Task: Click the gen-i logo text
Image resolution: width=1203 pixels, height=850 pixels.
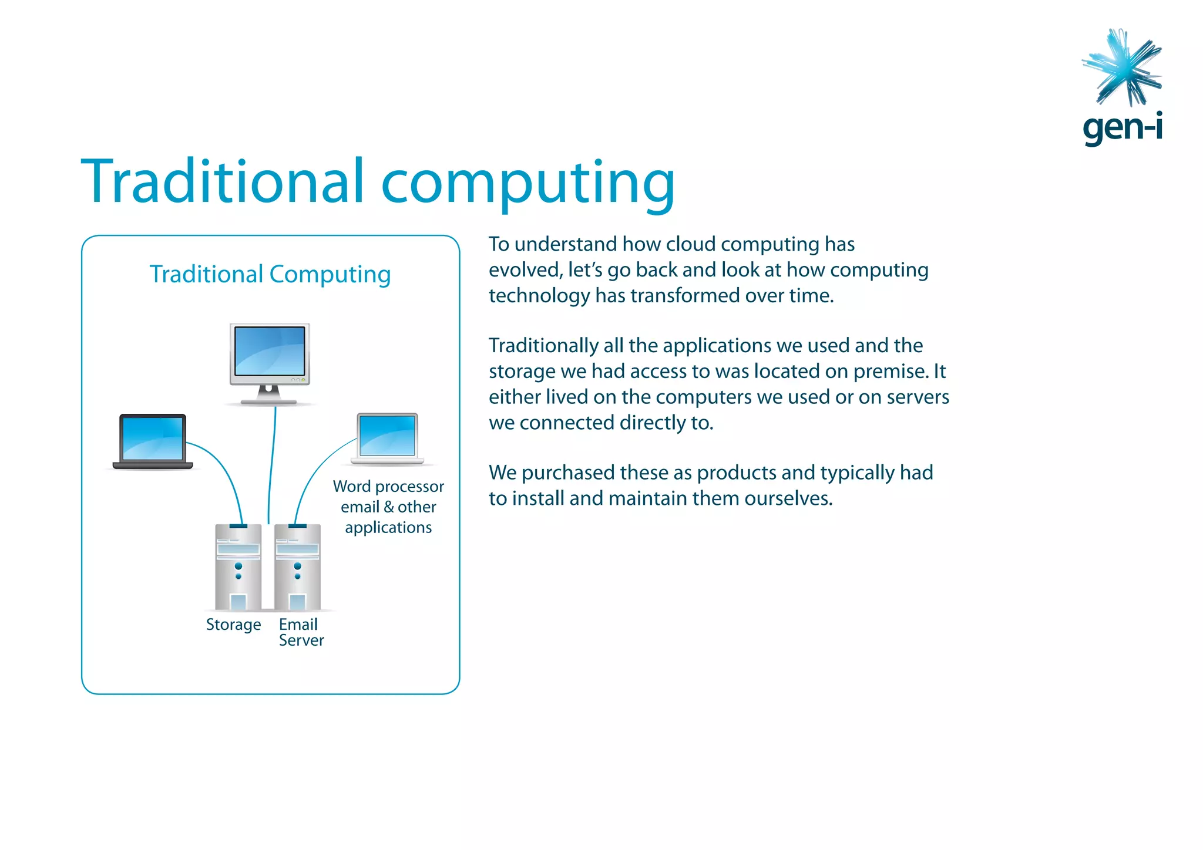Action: (1122, 128)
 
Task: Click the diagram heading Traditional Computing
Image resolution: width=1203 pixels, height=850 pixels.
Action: (270, 274)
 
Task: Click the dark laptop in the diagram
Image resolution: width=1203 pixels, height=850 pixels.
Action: (153, 441)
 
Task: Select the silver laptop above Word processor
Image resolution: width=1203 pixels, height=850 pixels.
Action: (388, 437)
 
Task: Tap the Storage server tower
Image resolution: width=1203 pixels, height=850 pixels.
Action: (238, 566)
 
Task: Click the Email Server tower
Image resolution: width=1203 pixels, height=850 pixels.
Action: (298, 566)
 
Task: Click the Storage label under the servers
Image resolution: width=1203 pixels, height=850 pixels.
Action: (233, 625)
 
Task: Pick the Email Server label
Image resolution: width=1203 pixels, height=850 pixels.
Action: (301, 632)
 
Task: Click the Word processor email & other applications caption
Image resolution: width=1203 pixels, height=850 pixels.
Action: (388, 507)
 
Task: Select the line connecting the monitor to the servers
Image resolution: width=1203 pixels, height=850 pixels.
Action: (272, 464)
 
